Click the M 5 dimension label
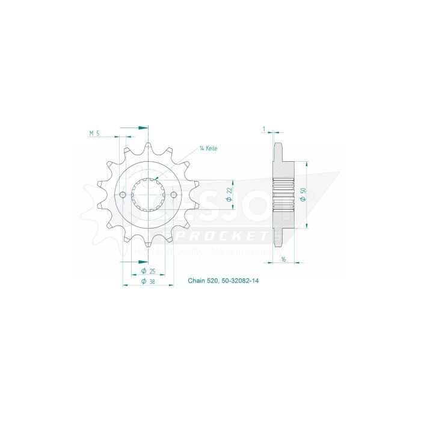point(94,134)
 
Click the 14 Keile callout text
point(209,148)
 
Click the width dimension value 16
point(283,260)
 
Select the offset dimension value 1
point(264,129)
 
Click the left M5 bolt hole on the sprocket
point(123,195)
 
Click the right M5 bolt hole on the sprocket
point(174,195)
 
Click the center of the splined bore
point(148,195)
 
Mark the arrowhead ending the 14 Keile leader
point(155,179)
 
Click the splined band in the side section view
point(283,195)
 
